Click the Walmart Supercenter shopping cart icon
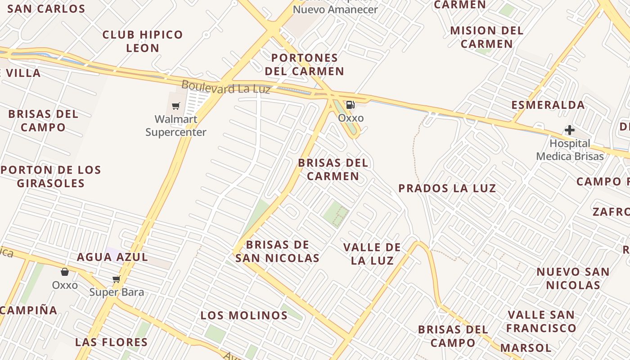coord(176,106)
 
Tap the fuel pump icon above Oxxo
coord(350,105)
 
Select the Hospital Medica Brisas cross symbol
coord(569,130)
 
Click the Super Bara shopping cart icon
coord(117,279)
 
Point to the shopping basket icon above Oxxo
coord(65,272)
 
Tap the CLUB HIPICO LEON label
coord(143,41)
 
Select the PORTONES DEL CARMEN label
coord(305,64)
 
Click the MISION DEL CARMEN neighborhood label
coord(487,37)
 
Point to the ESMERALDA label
coord(548,105)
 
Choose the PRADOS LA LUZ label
coord(447,188)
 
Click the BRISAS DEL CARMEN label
coord(333,169)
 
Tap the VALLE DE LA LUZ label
coord(372,254)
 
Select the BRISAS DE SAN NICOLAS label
coord(278,251)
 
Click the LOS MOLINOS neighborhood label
coord(244,315)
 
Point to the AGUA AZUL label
coord(112,257)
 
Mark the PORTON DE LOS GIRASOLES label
coord(51,176)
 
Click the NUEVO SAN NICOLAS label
coord(573,278)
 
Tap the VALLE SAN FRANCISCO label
coord(541,321)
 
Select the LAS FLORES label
coord(112,342)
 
